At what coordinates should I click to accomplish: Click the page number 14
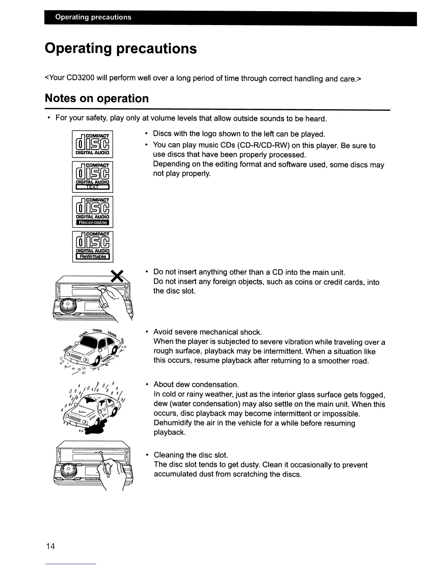click(50, 546)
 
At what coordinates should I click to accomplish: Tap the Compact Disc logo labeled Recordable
click(93, 212)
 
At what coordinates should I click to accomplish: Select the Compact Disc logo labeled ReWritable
click(93, 247)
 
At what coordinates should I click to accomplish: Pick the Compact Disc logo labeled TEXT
click(93, 177)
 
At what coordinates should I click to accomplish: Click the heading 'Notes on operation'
click(97, 98)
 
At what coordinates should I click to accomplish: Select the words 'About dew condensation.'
click(196, 385)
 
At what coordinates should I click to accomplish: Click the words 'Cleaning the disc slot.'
click(191, 455)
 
